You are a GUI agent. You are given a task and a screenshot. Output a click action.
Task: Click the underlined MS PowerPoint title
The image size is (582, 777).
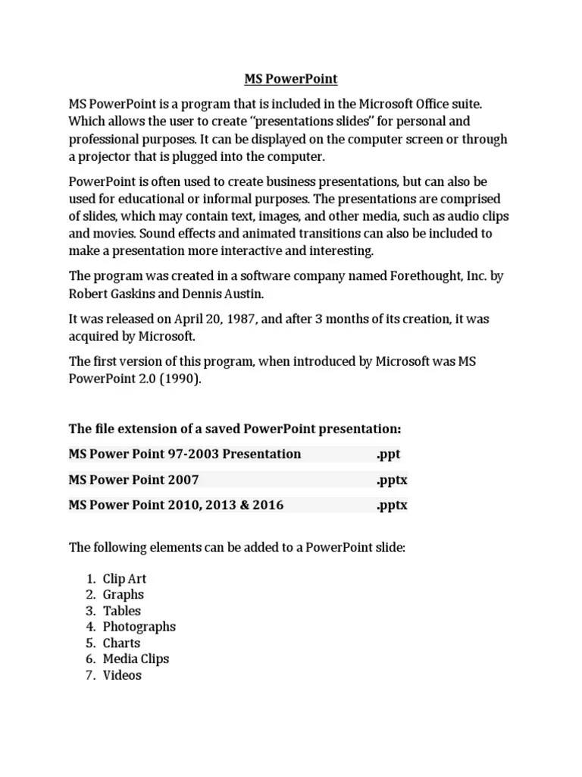tap(290, 79)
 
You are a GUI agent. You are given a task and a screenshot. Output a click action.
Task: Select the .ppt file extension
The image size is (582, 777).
tap(387, 454)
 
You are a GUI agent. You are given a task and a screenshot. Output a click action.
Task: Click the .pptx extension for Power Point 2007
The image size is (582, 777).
tap(391, 480)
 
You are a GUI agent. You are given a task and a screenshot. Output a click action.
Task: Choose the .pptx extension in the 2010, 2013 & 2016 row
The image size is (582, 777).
tap(391, 505)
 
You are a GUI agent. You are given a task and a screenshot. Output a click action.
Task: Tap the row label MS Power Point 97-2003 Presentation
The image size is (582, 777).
tap(184, 454)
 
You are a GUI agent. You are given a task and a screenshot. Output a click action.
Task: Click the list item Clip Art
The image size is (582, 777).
tap(124, 578)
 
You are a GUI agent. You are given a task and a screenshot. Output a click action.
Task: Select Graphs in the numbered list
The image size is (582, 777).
tap(123, 595)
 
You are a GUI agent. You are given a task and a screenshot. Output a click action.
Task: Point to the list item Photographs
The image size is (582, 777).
tap(139, 627)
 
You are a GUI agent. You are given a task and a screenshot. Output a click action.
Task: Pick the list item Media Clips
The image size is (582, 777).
tap(136, 659)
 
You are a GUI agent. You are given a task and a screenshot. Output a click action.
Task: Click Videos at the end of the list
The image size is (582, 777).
tap(122, 675)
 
